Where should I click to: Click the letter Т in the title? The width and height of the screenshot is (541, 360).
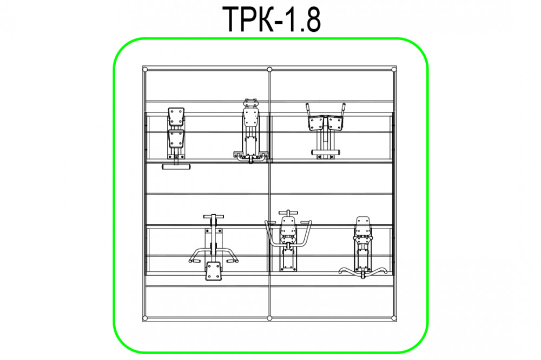point(234,19)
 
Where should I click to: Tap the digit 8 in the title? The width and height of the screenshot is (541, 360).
point(312,20)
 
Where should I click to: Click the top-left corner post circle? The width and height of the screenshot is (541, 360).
point(145,70)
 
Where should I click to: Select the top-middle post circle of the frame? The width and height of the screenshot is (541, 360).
point(269,70)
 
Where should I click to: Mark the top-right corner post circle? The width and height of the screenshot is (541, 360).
point(394,70)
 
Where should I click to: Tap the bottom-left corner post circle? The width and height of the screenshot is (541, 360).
point(145,318)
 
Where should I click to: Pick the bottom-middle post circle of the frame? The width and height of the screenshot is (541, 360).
point(269,318)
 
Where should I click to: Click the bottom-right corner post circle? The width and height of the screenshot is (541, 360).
point(394,318)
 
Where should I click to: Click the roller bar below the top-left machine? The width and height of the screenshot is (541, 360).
point(176,167)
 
